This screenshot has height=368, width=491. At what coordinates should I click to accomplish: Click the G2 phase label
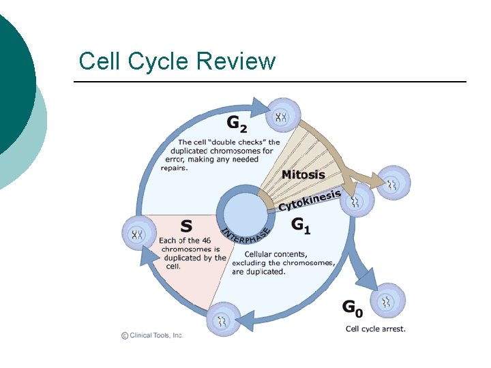[235, 125]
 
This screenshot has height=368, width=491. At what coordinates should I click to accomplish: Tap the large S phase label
[185, 225]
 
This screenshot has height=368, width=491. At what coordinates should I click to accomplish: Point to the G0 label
[352, 308]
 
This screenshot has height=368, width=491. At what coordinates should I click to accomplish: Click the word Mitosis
[303, 174]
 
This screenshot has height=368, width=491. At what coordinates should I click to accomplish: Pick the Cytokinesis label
[309, 200]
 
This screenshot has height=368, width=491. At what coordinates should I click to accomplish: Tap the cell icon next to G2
[281, 117]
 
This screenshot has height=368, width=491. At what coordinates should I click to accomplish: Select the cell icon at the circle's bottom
[222, 320]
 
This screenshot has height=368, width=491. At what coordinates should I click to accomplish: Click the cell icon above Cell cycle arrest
[387, 301]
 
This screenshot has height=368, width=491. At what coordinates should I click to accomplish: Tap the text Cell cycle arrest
[375, 329]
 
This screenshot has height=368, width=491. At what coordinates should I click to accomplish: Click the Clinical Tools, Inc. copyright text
[151, 335]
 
